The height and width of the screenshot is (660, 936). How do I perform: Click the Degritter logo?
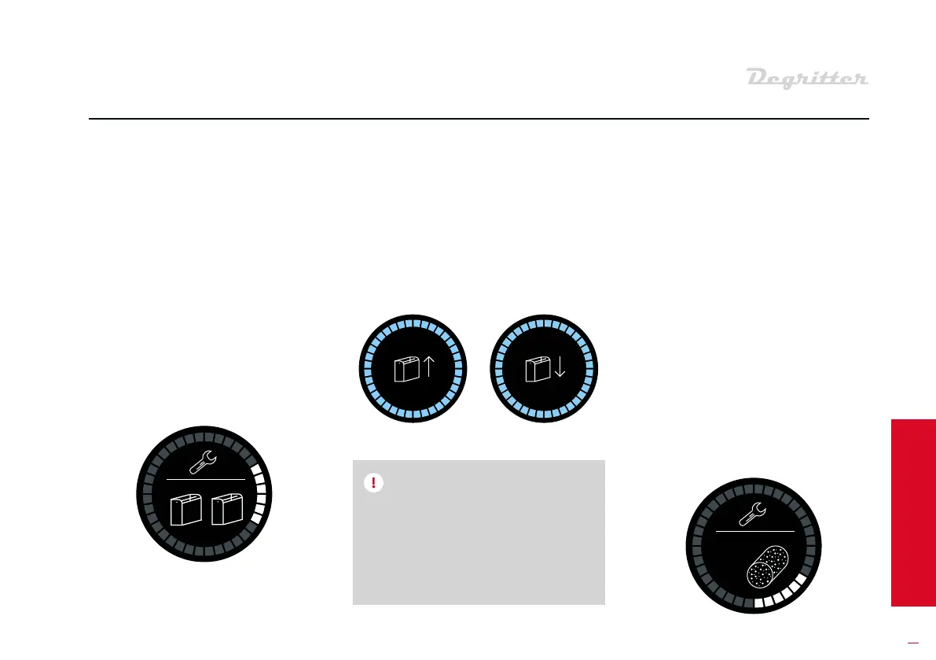pos(806,79)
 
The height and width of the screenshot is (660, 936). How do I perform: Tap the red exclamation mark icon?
pos(373,483)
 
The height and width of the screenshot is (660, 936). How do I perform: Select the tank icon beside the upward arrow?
pos(406,370)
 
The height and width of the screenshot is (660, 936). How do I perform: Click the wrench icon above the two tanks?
pos(205,463)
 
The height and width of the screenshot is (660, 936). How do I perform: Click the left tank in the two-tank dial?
pos(185,510)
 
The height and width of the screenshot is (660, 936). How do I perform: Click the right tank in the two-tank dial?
pos(227,510)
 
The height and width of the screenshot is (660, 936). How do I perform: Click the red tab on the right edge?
pos(913,512)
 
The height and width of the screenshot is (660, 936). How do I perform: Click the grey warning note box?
pos(479,543)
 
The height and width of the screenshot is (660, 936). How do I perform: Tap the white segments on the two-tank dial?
pos(259,496)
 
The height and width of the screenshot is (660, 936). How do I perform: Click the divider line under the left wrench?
pos(206,479)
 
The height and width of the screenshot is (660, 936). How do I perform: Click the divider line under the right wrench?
pos(754,532)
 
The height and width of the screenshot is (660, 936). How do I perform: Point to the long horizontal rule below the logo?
pos(478,120)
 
